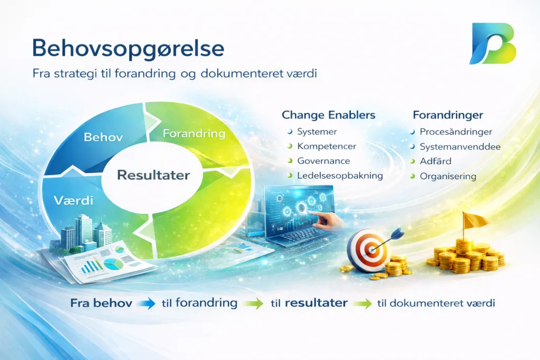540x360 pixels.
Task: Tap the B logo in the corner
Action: tap(493, 44)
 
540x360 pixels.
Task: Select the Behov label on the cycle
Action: tap(103, 138)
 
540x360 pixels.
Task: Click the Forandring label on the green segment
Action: tap(194, 133)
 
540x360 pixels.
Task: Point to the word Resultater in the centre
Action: tap(153, 175)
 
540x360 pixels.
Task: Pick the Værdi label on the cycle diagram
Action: tap(73, 200)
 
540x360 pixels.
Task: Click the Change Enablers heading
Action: tap(329, 115)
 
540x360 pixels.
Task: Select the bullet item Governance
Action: tap(324, 161)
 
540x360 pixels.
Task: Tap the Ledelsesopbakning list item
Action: tap(340, 176)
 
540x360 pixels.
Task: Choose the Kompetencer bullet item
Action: tap(326, 147)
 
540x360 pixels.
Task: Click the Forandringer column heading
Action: tap(448, 115)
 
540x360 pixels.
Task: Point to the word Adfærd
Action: tap(435, 161)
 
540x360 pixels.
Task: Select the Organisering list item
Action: tap(448, 177)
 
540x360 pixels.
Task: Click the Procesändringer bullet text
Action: tap(456, 132)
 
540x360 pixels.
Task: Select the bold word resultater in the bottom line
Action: tap(316, 303)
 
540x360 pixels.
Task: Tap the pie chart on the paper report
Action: tap(113, 264)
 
